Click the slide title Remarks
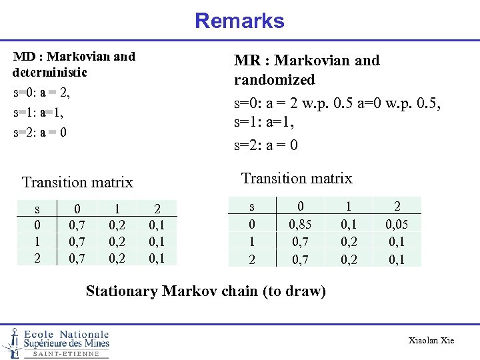(239, 21)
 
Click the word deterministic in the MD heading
(50, 71)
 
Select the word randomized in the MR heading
(274, 79)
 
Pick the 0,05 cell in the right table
(397, 224)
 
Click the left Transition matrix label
(77, 182)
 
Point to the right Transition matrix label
(296, 178)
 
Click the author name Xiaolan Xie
(431, 341)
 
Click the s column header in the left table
(37, 209)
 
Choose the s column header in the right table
(251, 207)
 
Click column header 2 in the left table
(157, 209)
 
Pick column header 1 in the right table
(349, 207)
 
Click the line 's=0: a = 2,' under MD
(41, 91)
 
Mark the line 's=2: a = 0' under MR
(265, 145)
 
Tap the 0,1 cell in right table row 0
(349, 224)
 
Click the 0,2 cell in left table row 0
(117, 226)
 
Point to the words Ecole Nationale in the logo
(66, 334)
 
